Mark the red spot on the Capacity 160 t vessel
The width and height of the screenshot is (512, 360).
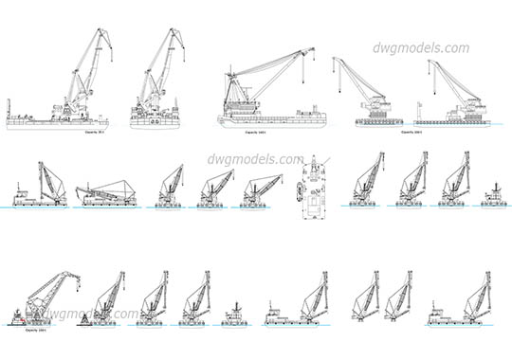[20, 322]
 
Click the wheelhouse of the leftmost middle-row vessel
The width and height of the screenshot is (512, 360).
[21, 193]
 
